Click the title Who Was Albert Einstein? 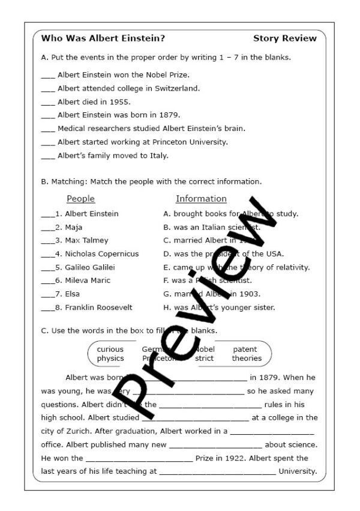[x=103, y=38]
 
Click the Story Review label [x=284, y=38]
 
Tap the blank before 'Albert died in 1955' [x=48, y=102]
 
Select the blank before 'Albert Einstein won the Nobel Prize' [x=48, y=75]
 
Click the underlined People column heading [x=80, y=199]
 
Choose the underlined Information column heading [x=201, y=199]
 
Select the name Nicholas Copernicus [x=101, y=254]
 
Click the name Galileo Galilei [x=89, y=267]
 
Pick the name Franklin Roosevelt [x=98, y=307]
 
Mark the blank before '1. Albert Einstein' [x=47, y=214]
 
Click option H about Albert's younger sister [x=219, y=307]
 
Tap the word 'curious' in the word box [x=110, y=349]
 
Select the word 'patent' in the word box [x=245, y=349]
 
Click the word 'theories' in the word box [x=247, y=358]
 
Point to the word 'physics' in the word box [x=110, y=358]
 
